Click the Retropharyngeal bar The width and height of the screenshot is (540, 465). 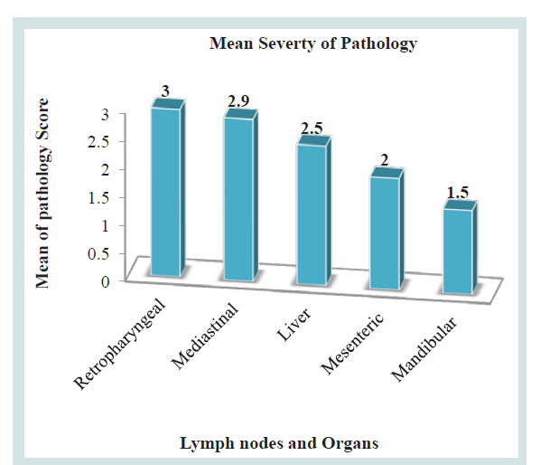[x=168, y=188]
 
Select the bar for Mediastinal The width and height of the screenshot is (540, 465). [x=241, y=195]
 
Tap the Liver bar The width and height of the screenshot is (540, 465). [x=313, y=211]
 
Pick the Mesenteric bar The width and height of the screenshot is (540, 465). [x=386, y=229]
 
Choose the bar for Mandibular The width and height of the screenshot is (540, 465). [x=460, y=247]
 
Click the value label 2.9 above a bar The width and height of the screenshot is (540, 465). [x=238, y=101]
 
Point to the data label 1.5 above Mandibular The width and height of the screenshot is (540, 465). [x=458, y=193]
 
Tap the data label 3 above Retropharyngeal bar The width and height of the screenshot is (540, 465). [x=165, y=91]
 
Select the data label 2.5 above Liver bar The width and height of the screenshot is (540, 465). [x=312, y=128]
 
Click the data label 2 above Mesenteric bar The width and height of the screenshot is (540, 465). [x=385, y=160]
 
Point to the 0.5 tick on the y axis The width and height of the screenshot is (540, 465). [x=98, y=254]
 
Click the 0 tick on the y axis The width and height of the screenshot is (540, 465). [x=105, y=282]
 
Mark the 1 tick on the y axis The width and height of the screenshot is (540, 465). [x=105, y=226]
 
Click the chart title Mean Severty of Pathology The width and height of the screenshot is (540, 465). [x=313, y=43]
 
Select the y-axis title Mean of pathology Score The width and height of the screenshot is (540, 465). [x=42, y=194]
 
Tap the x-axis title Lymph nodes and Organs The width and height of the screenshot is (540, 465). [x=279, y=443]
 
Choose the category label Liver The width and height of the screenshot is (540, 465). [x=293, y=325]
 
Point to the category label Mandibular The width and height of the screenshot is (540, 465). [x=424, y=349]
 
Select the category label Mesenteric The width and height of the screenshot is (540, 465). [x=352, y=344]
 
